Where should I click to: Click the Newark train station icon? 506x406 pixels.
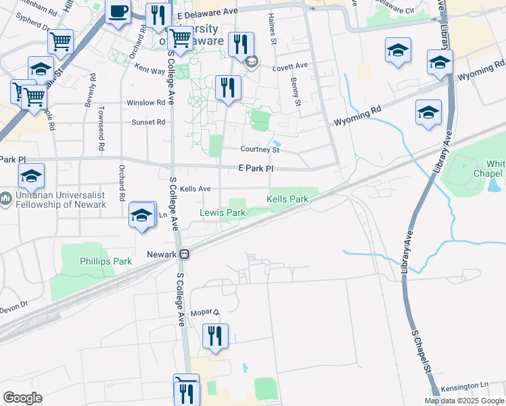[184, 254]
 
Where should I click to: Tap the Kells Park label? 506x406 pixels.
[287, 200]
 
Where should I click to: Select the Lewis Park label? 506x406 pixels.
[222, 213]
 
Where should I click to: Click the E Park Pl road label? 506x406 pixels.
[256, 168]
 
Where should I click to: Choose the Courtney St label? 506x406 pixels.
[260, 150]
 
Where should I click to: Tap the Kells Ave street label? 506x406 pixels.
[195, 189]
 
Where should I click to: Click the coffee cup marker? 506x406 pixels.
[118, 12]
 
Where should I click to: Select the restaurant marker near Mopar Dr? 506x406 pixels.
[215, 336]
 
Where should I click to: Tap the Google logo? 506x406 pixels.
[22, 398]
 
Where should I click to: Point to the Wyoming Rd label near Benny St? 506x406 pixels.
[357, 116]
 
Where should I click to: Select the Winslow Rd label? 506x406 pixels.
[146, 103]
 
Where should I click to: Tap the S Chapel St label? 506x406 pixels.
[421, 349]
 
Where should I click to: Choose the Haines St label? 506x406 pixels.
[273, 30]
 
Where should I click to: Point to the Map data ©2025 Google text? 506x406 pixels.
[464, 401]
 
